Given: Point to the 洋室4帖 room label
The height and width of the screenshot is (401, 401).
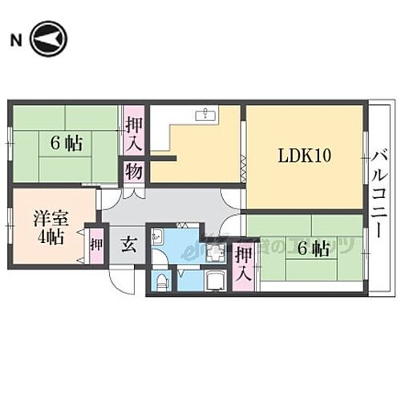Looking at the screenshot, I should pos(48,226).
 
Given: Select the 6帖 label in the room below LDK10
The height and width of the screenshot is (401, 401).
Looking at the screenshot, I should pos(313,249).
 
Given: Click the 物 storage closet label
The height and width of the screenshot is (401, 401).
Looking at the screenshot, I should pos(133,171).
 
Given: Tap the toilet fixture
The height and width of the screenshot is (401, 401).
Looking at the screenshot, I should pos(161,281).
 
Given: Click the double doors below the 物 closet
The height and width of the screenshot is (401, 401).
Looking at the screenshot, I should pos(133,193).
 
